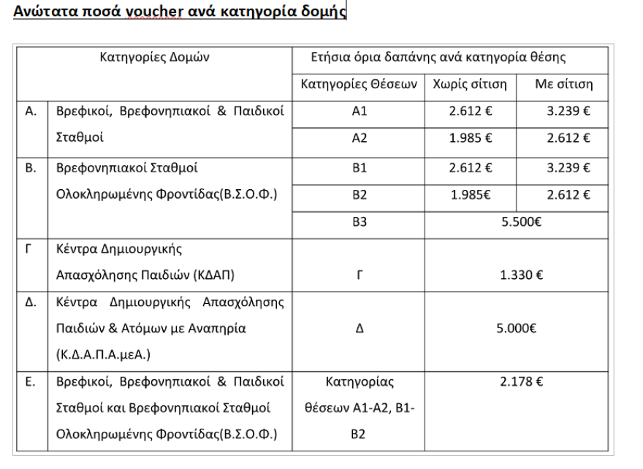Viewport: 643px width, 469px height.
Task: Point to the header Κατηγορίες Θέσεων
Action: pos(358,86)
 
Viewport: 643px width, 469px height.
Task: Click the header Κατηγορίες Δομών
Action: pos(154,58)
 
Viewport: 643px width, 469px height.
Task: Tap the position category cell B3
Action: pos(359,223)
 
